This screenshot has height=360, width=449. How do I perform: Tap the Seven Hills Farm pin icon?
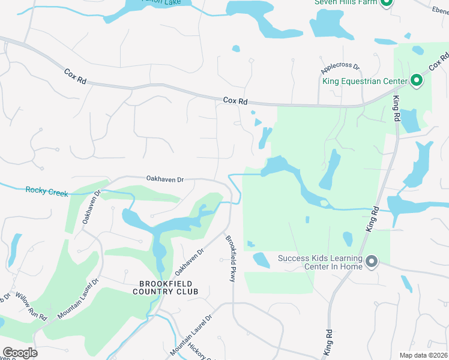click(387, 2)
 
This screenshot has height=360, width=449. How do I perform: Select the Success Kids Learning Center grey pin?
click(372, 261)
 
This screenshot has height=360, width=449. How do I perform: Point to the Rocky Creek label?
click(47, 191)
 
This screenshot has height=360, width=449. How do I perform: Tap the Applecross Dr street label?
click(340, 67)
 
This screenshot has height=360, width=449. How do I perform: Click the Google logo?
click(20, 353)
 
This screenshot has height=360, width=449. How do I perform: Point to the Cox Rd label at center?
click(235, 101)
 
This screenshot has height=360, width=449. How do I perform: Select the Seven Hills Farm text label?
click(346, 2)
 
